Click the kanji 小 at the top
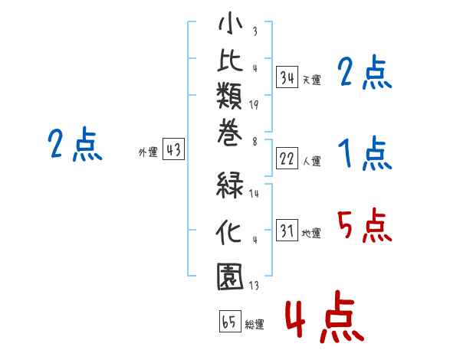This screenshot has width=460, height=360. [x=231, y=23]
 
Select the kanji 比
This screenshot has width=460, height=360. [x=230, y=60]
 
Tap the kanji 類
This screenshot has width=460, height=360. [x=229, y=96]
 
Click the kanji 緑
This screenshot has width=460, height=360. [x=230, y=185]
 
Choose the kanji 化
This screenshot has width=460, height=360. [x=228, y=231]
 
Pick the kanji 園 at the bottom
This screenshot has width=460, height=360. [x=230, y=277]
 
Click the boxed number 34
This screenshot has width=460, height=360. [x=287, y=77]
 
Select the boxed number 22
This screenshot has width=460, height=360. [x=287, y=159]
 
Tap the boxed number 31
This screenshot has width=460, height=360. [x=287, y=230]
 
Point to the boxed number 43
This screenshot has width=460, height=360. [x=174, y=149]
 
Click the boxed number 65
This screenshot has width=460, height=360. [x=230, y=321]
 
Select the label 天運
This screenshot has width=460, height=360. [x=312, y=80]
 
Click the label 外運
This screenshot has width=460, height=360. [x=148, y=152]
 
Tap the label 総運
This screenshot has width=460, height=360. [x=255, y=324]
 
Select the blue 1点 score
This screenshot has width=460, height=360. [x=365, y=153]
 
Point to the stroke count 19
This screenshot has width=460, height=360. [x=254, y=105]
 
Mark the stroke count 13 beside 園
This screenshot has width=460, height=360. [x=254, y=285]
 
